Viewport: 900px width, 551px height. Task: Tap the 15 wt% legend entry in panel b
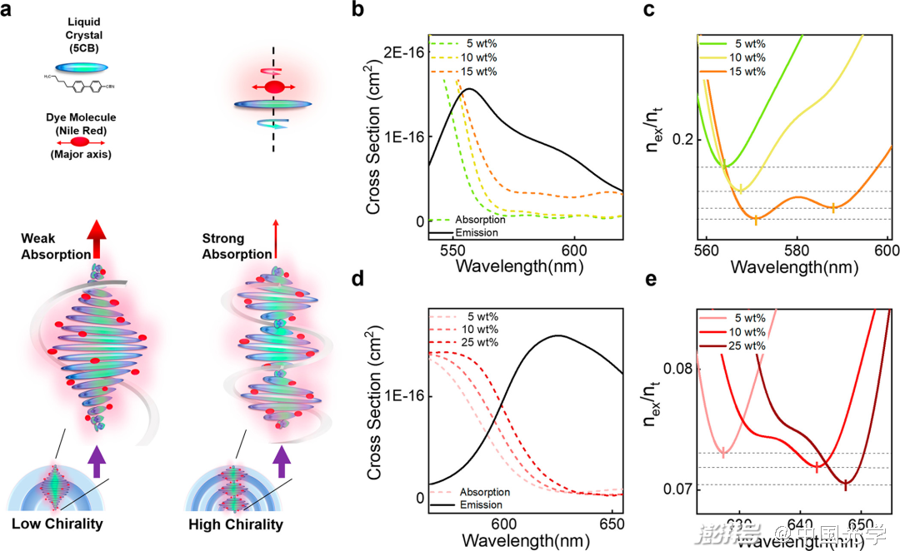coord(471,71)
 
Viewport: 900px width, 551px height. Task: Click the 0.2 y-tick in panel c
coord(682,138)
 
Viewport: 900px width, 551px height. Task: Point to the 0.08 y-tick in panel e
coord(676,368)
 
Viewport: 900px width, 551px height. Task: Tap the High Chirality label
coord(236,524)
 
